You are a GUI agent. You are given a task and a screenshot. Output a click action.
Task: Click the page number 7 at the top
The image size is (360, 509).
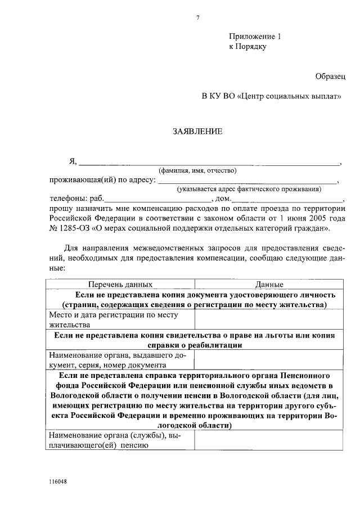(x=198, y=17)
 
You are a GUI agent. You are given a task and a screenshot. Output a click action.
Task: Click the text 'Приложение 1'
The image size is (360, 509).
(x=255, y=37)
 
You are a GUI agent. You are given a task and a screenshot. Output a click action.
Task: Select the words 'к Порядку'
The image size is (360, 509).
(x=247, y=47)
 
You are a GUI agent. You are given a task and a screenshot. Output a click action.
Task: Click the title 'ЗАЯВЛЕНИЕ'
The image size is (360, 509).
(x=197, y=132)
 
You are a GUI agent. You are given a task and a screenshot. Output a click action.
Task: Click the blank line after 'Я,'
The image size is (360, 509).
(x=208, y=163)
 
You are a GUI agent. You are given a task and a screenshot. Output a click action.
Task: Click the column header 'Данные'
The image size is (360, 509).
(x=269, y=285)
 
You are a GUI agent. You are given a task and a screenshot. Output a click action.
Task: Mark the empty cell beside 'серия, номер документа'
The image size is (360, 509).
(x=268, y=360)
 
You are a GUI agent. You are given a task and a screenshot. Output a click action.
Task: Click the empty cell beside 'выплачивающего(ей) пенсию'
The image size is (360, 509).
(x=268, y=442)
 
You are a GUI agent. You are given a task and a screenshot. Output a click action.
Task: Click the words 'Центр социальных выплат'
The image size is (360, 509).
(x=290, y=97)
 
